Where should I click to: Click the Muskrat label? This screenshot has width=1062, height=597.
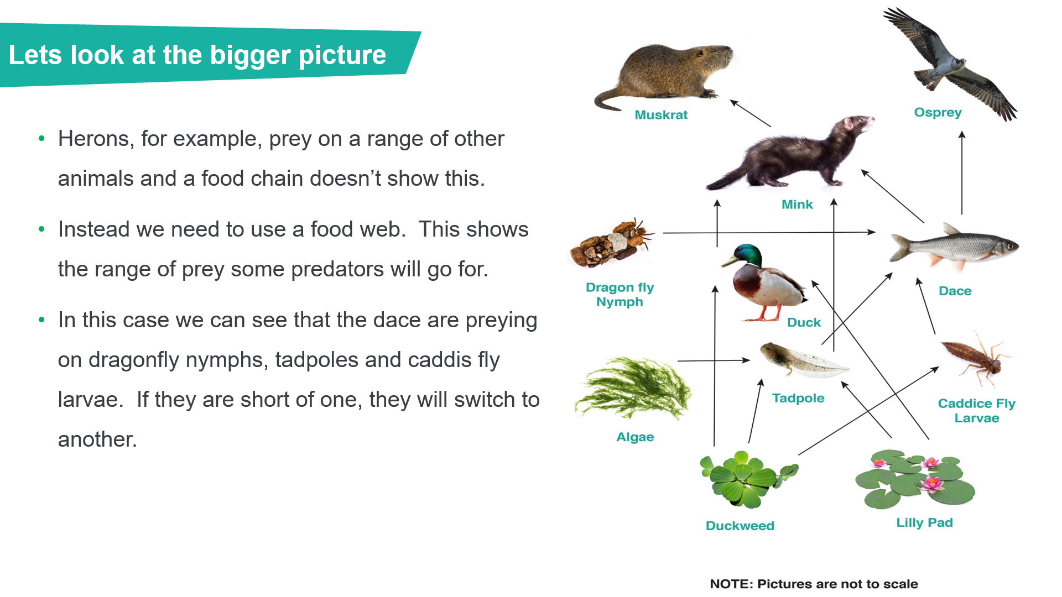(661, 115)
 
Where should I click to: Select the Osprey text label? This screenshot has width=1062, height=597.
(938, 113)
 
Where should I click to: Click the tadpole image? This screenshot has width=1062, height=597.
(804, 360)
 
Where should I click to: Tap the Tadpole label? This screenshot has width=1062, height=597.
(798, 398)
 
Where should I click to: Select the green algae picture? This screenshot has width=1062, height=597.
(633, 389)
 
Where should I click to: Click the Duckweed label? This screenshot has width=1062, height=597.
(740, 526)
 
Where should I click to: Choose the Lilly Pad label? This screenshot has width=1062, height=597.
(924, 523)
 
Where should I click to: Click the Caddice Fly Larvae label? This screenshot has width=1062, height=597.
(977, 411)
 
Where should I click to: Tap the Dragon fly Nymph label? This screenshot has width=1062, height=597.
(619, 295)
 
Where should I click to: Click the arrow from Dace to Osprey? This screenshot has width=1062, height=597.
(962, 172)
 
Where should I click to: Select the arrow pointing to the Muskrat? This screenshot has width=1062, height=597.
(750, 113)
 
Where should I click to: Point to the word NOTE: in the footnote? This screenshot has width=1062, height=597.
(731, 584)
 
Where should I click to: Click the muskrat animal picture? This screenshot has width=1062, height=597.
(664, 75)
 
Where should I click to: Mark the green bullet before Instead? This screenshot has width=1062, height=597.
(41, 229)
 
